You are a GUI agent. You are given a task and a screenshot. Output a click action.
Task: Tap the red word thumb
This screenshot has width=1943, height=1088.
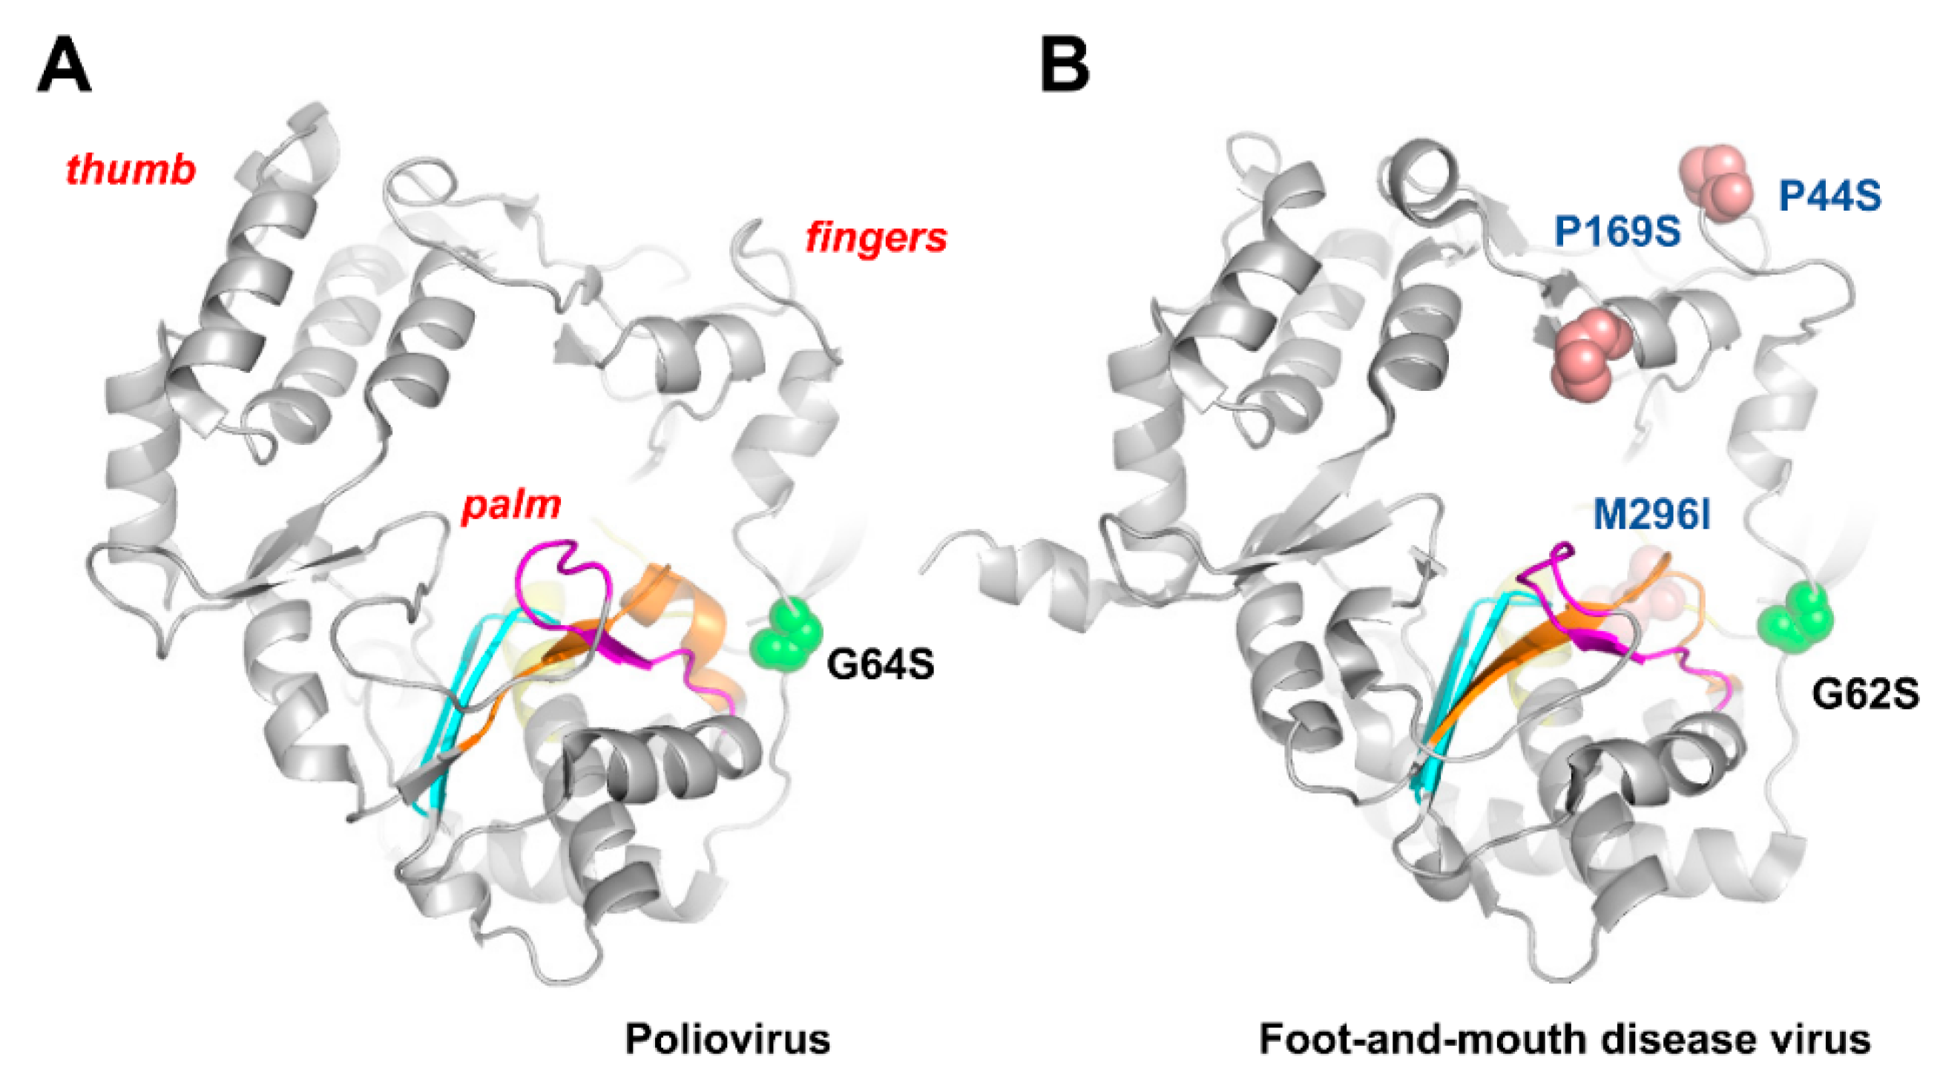(131, 170)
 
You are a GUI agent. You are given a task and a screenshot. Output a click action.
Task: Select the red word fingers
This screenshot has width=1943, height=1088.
(875, 237)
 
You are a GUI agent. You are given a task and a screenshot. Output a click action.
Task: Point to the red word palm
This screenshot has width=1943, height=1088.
(511, 504)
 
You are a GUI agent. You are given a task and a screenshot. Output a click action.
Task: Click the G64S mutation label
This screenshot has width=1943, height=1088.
(880, 665)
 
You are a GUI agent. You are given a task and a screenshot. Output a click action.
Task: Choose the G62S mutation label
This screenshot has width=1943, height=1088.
(1864, 693)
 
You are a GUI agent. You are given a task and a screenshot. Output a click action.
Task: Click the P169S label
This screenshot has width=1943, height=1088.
(1617, 231)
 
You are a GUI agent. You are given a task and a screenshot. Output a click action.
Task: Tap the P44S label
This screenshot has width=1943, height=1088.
(1829, 197)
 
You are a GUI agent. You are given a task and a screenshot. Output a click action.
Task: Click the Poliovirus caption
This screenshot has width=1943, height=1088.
(727, 1039)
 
